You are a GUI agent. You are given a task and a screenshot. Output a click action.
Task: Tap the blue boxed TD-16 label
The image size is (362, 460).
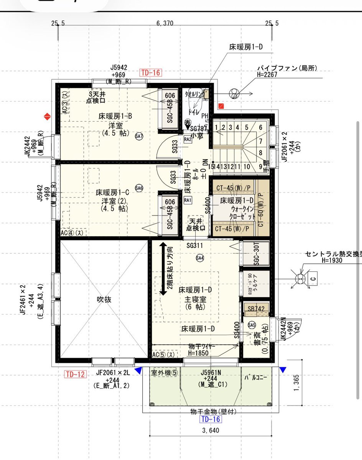click(x=211, y=419)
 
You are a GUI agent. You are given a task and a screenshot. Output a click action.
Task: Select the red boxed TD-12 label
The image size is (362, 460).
click(x=75, y=374)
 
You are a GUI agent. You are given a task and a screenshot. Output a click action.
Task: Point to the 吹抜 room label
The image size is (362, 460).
click(x=104, y=300)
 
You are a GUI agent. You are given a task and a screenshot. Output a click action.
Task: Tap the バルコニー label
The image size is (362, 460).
click(x=255, y=377)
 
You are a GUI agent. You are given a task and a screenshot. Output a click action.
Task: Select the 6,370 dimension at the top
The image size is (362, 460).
click(x=165, y=24)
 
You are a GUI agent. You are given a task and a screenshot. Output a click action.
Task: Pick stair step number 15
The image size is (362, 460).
click(x=211, y=166)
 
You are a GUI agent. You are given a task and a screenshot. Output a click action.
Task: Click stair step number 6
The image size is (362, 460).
click(x=260, y=128)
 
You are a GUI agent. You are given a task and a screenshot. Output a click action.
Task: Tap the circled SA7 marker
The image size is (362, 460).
click(x=139, y=136)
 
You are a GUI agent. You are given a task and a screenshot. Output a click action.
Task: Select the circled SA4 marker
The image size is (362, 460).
click(x=200, y=258)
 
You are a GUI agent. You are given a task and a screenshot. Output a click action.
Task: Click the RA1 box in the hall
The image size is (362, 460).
click(x=188, y=200)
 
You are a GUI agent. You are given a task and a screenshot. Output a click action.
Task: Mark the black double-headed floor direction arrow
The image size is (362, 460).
click(x=163, y=269)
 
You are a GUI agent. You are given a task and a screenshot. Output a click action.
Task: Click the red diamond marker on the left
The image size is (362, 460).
click(x=47, y=116)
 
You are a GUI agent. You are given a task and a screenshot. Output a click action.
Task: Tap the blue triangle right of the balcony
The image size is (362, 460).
click(x=283, y=370)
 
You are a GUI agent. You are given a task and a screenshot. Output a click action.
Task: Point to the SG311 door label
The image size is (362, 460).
click(x=195, y=245)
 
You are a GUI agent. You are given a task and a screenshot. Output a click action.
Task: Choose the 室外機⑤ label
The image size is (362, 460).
click(x=165, y=372)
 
